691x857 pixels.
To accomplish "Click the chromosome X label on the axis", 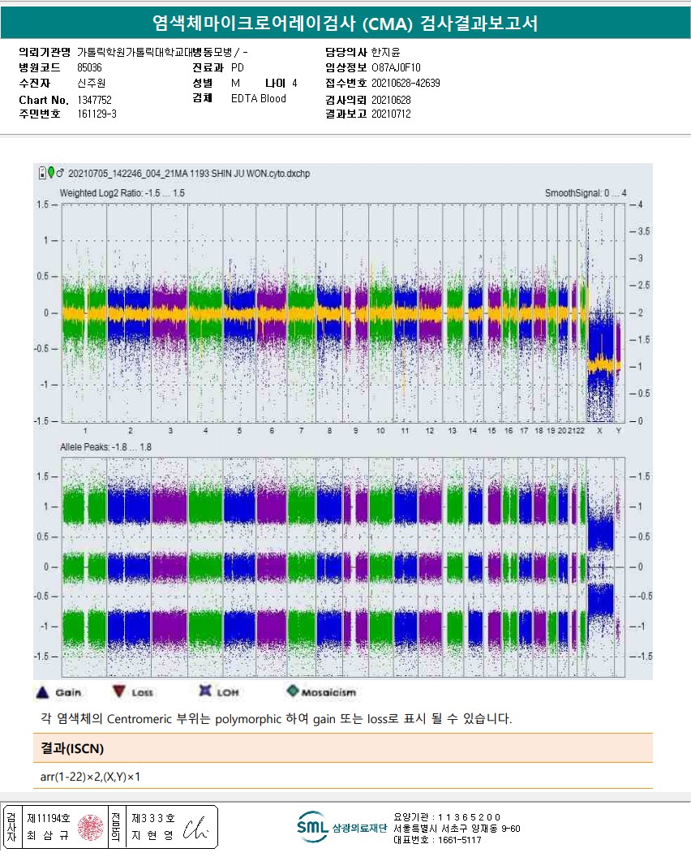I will coord(599,430).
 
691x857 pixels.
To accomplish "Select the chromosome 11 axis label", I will coord(404,430).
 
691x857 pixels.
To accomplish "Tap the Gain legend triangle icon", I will coord(44,692).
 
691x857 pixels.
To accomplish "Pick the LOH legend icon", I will coord(205,691).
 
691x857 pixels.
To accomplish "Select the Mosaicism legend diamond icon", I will coord(292,691).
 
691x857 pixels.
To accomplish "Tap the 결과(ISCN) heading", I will coord(72,747).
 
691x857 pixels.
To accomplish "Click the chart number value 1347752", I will coord(94,99).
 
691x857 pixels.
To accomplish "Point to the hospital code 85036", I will coord(89,68).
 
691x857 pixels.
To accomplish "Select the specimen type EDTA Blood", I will coord(258,99).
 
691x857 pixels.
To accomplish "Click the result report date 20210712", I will coord(391,114).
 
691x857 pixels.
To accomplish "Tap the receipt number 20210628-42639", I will coord(406,84).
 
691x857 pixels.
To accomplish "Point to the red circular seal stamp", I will coord(88,827).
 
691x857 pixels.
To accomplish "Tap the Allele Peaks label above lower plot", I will coord(105,447).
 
